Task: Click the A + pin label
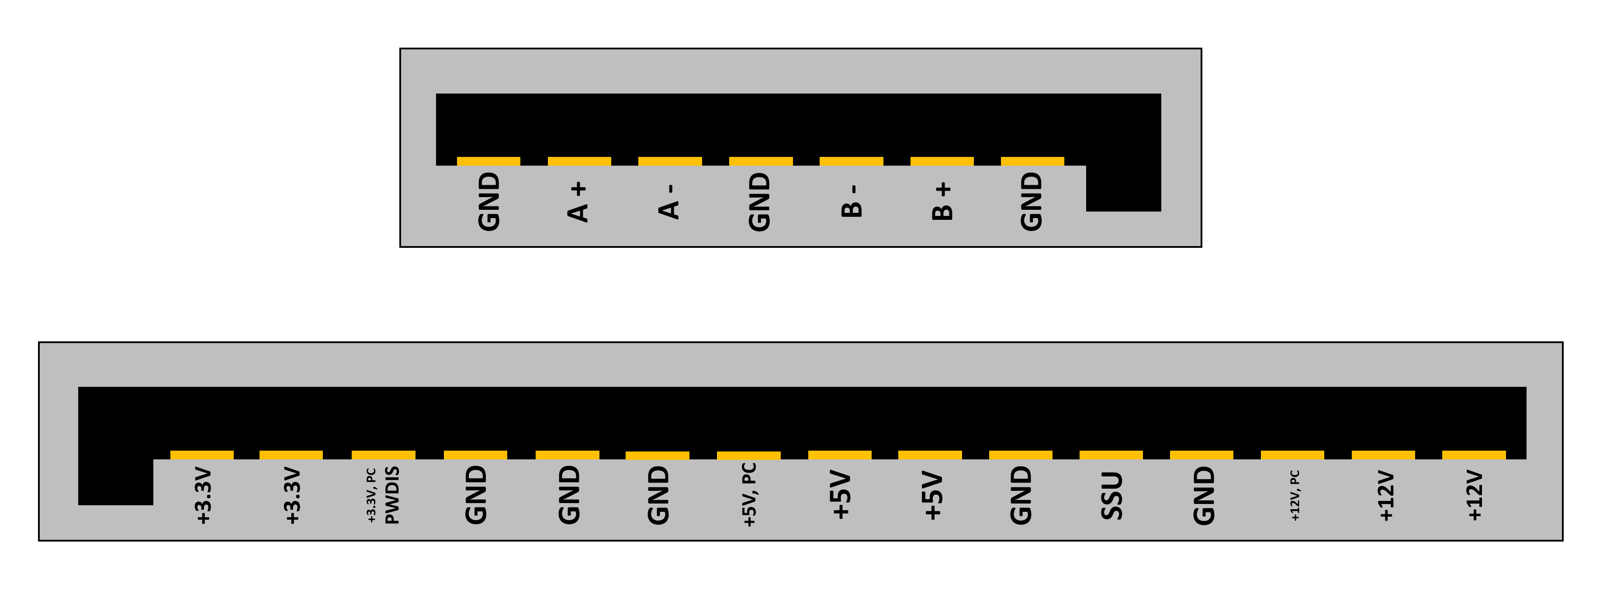(x=578, y=201)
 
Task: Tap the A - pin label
(x=669, y=201)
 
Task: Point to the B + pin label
(x=942, y=201)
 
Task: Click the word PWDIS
(x=392, y=495)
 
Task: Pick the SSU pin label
(x=1111, y=496)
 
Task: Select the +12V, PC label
(x=1295, y=495)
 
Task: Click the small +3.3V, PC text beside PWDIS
(x=371, y=495)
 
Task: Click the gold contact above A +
(x=579, y=161)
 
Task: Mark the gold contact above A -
(x=670, y=161)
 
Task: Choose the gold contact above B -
(x=851, y=161)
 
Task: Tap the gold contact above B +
(x=942, y=161)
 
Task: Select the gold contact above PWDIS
(x=383, y=455)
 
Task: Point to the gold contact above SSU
(x=1111, y=455)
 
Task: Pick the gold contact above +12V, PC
(x=1292, y=455)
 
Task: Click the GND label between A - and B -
(x=759, y=201)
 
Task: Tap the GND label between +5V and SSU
(x=1021, y=495)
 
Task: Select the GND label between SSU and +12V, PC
(x=1203, y=495)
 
